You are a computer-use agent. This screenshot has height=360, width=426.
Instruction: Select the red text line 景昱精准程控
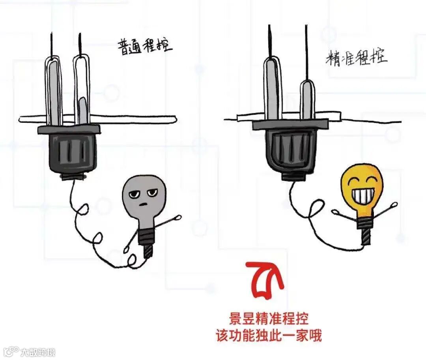click(x=269, y=319)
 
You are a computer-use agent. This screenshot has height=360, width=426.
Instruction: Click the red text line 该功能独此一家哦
click(x=269, y=336)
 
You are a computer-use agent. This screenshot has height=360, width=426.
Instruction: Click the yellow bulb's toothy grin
click(x=362, y=195)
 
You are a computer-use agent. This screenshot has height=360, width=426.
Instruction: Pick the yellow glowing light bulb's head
click(x=362, y=187)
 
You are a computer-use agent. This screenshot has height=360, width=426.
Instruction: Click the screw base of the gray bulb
click(x=147, y=242)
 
